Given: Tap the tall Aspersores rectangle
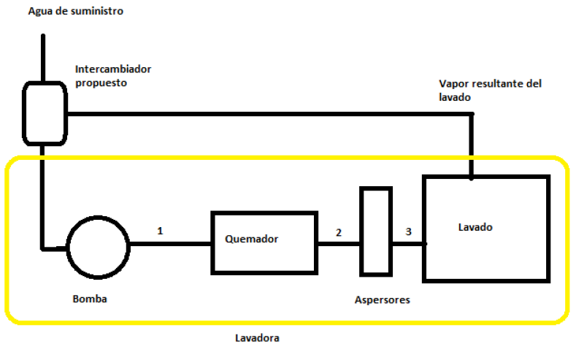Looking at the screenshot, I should (376, 231).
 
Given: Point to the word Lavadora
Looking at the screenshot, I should (257, 338).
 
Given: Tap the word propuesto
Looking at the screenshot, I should (101, 83).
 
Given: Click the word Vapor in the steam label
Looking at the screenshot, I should (453, 84).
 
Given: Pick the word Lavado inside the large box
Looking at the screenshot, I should (475, 227).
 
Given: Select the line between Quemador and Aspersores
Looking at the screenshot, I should (339, 245).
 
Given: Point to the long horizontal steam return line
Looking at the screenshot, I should (270, 113).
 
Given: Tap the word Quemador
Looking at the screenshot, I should (252, 238).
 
